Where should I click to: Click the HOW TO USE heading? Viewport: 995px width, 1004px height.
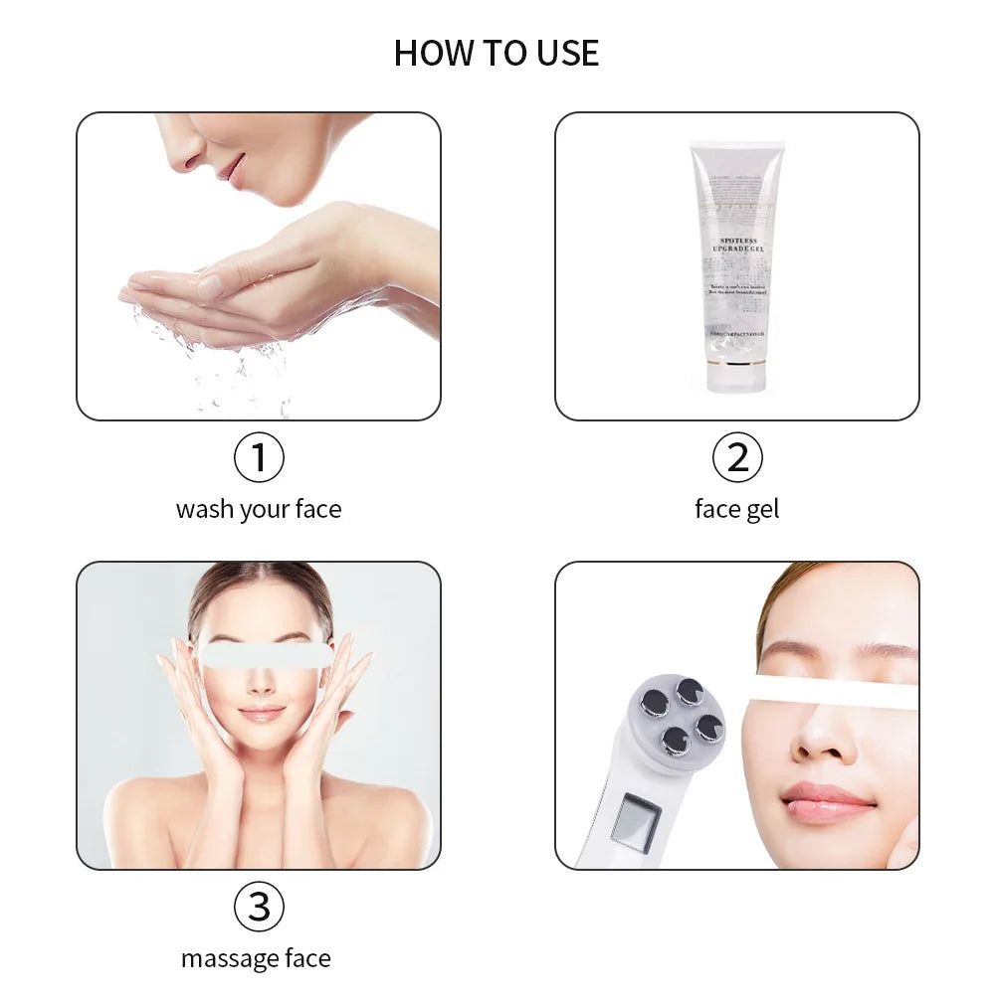[x=497, y=53]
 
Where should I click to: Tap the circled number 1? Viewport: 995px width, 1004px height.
[x=259, y=458]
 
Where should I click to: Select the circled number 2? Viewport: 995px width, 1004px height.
[x=737, y=458]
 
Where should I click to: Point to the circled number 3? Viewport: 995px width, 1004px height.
[x=259, y=907]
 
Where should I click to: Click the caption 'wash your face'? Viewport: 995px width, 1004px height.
[x=259, y=510]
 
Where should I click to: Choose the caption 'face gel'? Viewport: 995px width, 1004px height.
[x=736, y=510]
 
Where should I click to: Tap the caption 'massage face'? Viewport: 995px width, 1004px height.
[x=257, y=959]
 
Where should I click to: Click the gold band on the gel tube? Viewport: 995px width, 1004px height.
[x=737, y=365]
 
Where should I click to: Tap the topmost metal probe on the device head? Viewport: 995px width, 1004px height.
[x=689, y=691]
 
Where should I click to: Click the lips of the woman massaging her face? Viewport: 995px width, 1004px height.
[x=261, y=714]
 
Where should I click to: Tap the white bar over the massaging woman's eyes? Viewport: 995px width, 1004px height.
[x=265, y=654]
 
